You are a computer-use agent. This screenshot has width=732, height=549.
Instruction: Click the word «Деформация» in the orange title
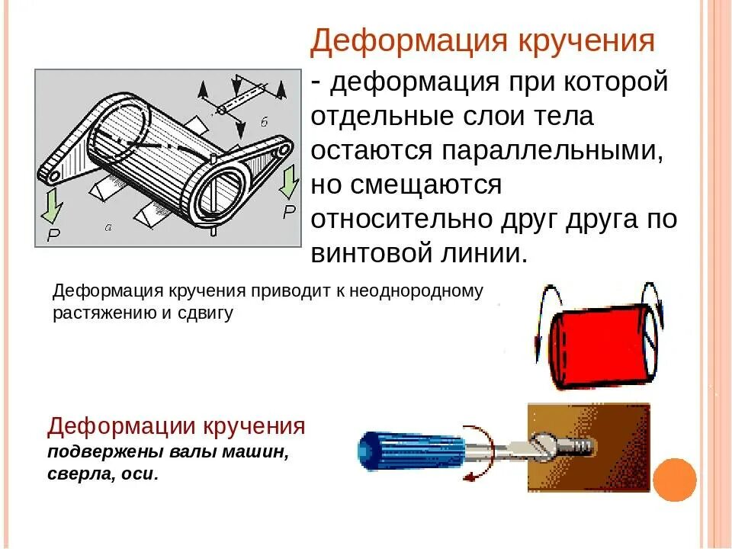click(x=409, y=41)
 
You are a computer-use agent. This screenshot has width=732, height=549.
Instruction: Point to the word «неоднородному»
click(x=416, y=291)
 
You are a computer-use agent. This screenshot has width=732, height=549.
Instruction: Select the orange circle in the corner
click(x=675, y=480)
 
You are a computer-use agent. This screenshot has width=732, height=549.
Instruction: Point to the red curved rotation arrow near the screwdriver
click(x=486, y=453)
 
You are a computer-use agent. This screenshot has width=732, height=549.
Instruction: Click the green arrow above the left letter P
click(x=53, y=205)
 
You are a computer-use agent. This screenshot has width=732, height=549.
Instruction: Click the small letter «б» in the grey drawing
click(x=265, y=122)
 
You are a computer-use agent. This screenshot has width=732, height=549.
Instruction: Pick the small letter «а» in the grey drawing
click(x=108, y=228)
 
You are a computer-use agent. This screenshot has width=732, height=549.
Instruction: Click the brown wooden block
click(x=589, y=448)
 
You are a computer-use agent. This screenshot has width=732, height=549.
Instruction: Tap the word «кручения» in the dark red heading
click(x=254, y=427)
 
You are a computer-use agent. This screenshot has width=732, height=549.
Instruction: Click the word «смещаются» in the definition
click(x=426, y=185)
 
